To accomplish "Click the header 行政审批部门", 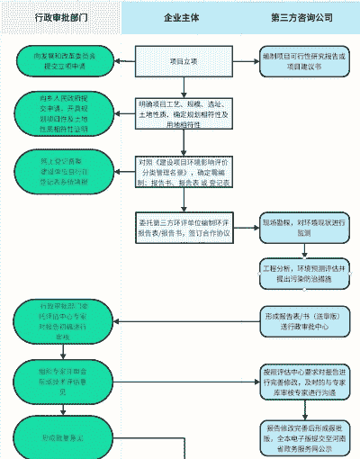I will tap(60, 17).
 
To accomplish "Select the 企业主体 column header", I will tap(183, 17).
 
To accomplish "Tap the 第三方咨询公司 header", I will tap(301, 17).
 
